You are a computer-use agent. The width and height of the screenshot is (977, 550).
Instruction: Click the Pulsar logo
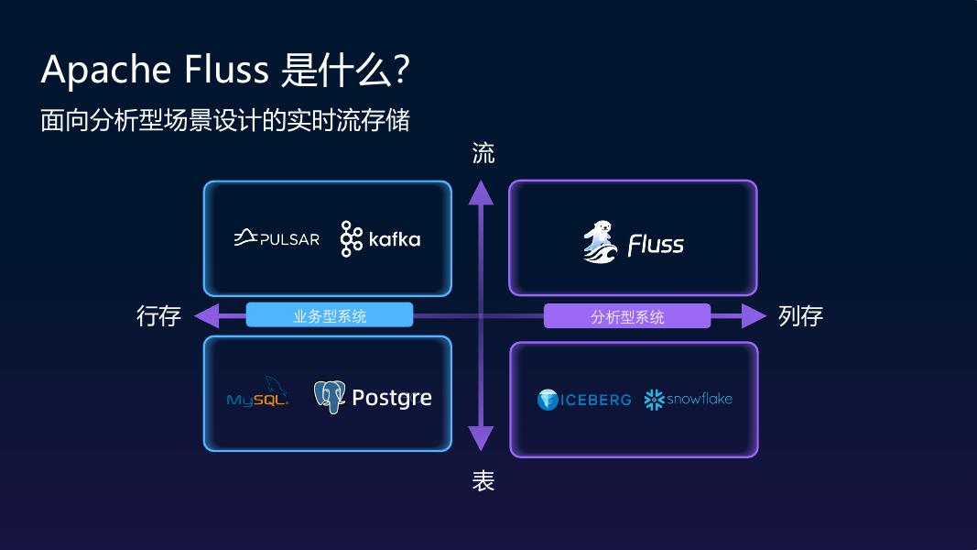(277, 238)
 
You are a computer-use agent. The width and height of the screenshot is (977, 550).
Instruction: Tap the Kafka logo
(380, 238)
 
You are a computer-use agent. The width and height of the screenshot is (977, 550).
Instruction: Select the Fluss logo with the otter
(633, 242)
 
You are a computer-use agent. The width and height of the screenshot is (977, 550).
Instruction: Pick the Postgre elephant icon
(329, 397)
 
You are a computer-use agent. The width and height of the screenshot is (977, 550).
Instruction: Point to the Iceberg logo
(584, 400)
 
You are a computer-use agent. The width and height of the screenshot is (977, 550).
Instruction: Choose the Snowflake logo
(689, 400)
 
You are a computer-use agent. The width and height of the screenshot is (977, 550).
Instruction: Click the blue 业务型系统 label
(330, 315)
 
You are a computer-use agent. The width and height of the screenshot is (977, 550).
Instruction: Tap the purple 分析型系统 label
(627, 316)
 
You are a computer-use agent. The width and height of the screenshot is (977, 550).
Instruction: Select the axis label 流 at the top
(483, 153)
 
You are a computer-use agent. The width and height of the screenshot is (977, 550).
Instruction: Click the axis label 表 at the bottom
(483, 480)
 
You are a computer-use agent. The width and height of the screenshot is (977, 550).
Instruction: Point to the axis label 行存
(159, 316)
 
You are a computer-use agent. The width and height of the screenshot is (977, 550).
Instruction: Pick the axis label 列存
(800, 316)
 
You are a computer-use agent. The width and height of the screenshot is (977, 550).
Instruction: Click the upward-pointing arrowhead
(482, 192)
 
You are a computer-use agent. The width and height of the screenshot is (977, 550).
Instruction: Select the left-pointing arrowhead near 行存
(208, 315)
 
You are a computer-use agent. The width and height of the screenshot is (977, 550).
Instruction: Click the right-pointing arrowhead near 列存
(754, 315)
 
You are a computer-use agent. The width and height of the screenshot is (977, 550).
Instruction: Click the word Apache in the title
(106, 71)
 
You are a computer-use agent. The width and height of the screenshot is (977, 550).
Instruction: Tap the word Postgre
(391, 398)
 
